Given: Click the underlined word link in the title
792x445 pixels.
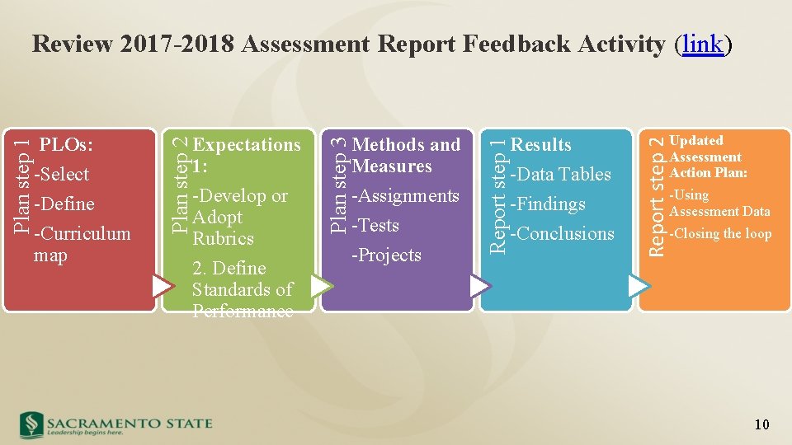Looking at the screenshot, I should (703, 44).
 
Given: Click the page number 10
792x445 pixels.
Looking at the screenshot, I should (761, 424).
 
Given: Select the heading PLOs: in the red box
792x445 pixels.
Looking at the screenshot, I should (66, 145).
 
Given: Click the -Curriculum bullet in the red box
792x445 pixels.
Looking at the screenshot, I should (82, 234).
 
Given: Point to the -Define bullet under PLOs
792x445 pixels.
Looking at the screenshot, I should (64, 204).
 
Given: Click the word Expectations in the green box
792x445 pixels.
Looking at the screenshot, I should (247, 145).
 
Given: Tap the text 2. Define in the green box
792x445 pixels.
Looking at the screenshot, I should (229, 269).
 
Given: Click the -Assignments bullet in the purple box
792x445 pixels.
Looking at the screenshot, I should (405, 196).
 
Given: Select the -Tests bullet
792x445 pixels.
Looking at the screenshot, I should (375, 226).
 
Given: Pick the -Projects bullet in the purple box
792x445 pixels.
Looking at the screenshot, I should (386, 255).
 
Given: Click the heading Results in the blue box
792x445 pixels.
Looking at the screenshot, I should (541, 145).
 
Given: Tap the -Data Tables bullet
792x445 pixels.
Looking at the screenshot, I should (561, 175).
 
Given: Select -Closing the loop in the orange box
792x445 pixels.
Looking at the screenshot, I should (720, 234).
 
